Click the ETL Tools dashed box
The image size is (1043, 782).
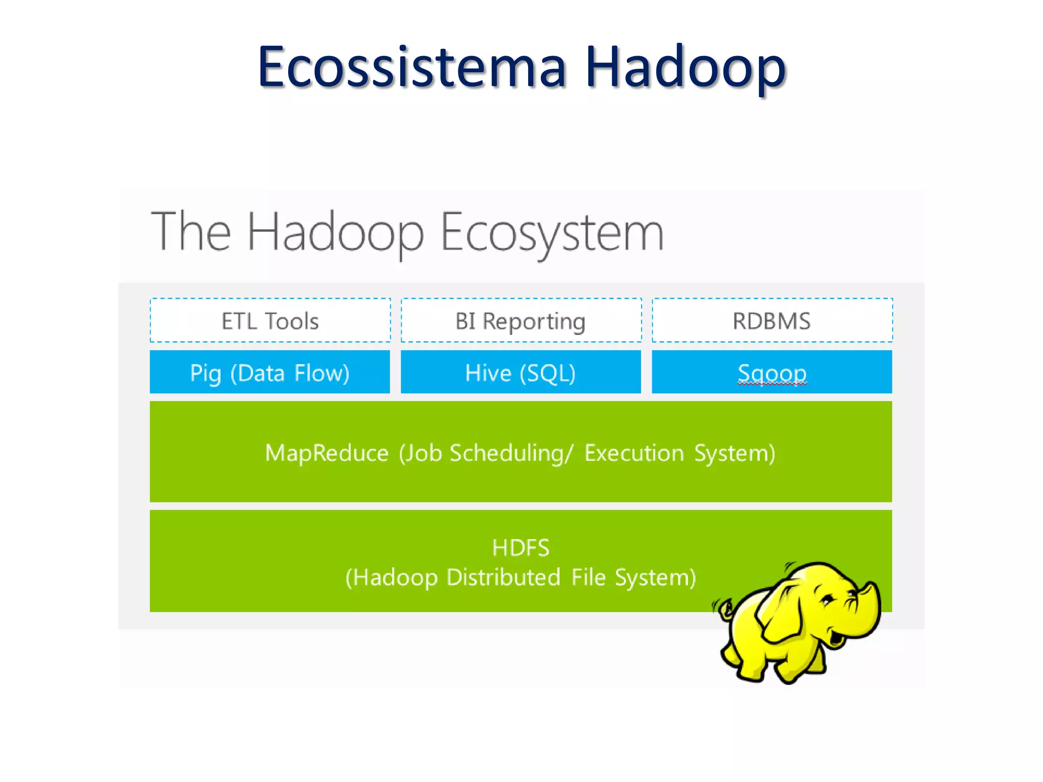(270, 321)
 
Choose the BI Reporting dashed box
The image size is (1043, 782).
(520, 321)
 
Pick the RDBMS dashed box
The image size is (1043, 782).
(772, 321)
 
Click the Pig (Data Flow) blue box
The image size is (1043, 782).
(270, 372)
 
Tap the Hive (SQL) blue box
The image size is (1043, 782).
(520, 372)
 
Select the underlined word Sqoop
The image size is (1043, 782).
(772, 373)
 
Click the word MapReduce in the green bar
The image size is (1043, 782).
(326, 453)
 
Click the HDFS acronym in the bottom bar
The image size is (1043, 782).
(520, 548)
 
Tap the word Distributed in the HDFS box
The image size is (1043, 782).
(503, 577)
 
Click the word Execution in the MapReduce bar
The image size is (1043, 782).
(634, 453)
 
